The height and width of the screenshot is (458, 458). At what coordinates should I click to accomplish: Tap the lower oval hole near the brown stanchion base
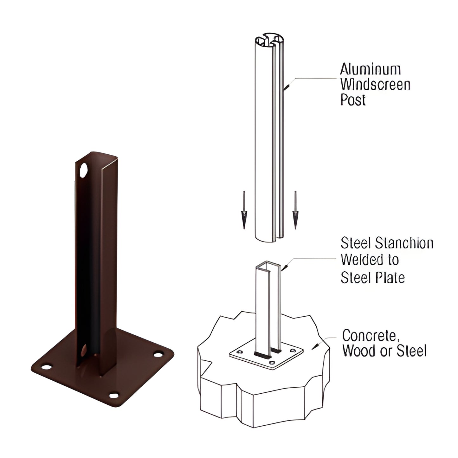coord(84,350)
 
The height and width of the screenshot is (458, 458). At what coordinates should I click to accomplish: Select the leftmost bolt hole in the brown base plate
coord(46,367)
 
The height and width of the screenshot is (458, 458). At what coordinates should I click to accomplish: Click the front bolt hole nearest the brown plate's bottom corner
coord(113,395)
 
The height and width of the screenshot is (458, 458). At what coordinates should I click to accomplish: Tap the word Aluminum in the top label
coord(370,69)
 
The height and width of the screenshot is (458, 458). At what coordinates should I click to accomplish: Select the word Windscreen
coord(375,84)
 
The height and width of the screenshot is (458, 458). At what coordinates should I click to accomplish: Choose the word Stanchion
coord(404,243)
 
